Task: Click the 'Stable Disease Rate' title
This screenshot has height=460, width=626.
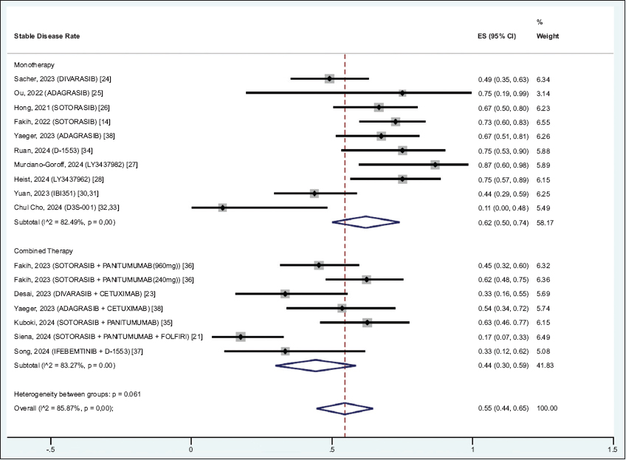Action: point(47,35)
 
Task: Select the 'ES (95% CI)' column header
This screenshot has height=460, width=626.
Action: point(498,35)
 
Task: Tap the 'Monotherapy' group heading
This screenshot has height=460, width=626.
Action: point(34,65)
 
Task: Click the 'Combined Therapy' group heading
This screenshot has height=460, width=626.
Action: point(43,251)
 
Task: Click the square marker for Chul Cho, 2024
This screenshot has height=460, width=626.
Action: point(222,207)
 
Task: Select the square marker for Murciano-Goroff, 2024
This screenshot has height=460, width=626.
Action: point(436,165)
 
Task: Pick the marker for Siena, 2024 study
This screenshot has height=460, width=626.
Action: point(240,337)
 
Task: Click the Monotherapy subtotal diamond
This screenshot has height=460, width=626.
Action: point(365,222)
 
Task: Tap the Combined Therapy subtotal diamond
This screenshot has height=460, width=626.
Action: point(315,365)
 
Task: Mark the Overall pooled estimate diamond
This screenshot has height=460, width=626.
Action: point(345,408)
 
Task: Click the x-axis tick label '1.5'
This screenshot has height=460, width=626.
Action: point(612,448)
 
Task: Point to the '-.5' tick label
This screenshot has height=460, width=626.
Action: point(50,448)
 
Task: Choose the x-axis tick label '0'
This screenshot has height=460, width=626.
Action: point(191,448)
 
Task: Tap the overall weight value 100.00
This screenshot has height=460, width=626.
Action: point(547,408)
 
